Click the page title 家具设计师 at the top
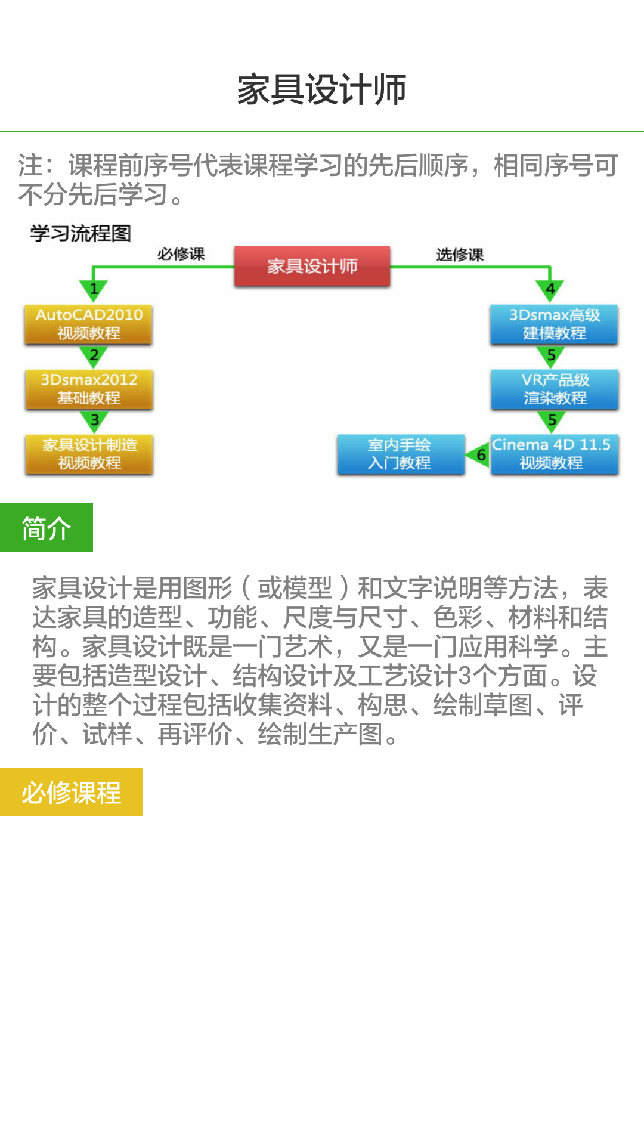click(321, 89)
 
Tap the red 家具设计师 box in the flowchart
click(312, 266)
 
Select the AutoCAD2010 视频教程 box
click(88, 324)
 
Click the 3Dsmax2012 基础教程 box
click(89, 389)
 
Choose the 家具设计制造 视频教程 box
click(89, 454)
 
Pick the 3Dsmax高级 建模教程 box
click(554, 324)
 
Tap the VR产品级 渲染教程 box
click(555, 389)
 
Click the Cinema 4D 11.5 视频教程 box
click(554, 454)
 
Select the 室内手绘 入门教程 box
click(400, 454)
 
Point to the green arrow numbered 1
click(94, 290)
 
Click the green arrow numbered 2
click(94, 356)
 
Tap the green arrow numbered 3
click(94, 421)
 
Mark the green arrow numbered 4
click(550, 290)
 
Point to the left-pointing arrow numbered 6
click(479, 455)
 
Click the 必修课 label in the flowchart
click(181, 254)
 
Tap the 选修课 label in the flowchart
click(459, 255)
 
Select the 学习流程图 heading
click(80, 233)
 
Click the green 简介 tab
click(47, 528)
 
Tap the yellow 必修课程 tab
click(72, 792)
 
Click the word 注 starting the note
click(30, 166)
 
